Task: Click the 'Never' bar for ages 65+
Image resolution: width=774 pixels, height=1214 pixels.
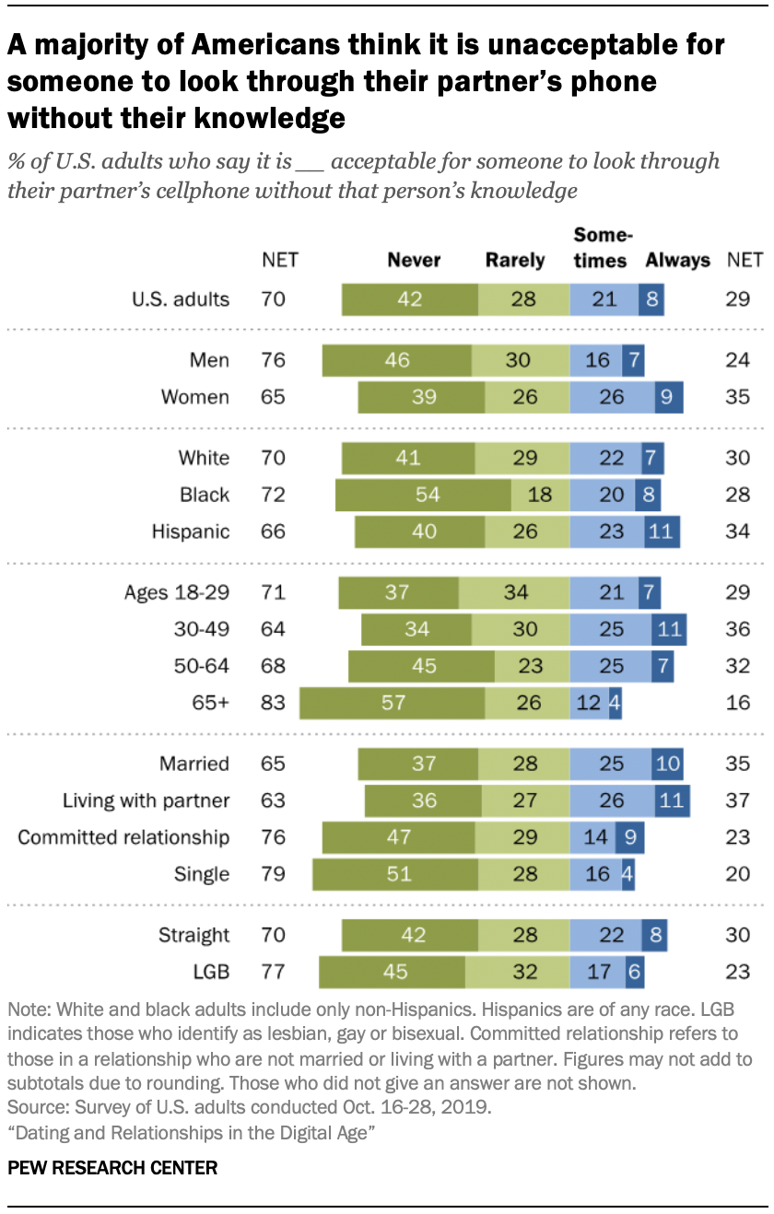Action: (x=393, y=703)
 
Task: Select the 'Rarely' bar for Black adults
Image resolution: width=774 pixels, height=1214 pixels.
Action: (x=541, y=495)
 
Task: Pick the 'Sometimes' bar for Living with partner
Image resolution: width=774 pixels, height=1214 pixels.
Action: (x=612, y=800)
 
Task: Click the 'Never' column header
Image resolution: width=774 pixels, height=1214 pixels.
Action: (x=414, y=260)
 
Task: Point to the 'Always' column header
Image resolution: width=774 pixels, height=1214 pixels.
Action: (x=677, y=260)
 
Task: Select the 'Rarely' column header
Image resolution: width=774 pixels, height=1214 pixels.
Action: (x=515, y=260)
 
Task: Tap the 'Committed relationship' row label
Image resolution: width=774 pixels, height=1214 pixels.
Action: (x=123, y=837)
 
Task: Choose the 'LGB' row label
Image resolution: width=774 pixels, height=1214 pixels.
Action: (x=208, y=971)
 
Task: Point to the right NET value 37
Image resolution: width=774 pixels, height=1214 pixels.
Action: (x=737, y=800)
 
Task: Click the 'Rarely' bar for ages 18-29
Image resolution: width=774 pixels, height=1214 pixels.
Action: (x=514, y=592)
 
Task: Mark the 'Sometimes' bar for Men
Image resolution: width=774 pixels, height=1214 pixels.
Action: (x=596, y=360)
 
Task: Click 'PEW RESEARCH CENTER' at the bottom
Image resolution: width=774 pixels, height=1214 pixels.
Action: (x=112, y=1169)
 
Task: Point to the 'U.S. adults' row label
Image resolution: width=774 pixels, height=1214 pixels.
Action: (x=181, y=299)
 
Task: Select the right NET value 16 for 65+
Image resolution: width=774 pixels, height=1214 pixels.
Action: (x=737, y=703)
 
